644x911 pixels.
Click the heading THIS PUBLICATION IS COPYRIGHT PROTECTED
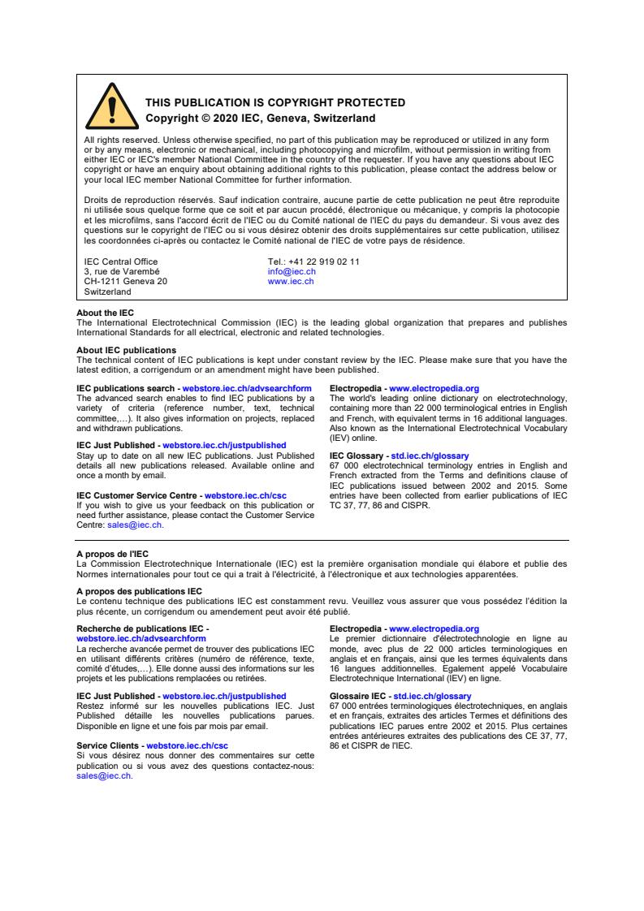(274, 103)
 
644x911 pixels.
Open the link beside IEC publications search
(247, 389)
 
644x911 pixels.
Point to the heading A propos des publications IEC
(139, 591)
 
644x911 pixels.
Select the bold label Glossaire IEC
(359, 696)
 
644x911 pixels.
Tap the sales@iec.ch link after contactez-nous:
(103, 775)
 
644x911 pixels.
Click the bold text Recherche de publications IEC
(141, 628)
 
